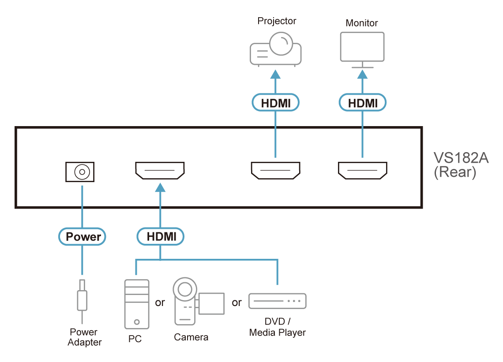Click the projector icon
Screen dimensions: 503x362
(276, 49)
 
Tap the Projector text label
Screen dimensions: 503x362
(277, 21)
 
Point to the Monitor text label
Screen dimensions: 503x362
(361, 23)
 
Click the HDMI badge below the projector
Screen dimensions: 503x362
(276, 103)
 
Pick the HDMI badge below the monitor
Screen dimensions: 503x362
(363, 103)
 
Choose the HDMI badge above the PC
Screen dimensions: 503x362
(161, 237)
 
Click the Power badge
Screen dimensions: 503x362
(82, 237)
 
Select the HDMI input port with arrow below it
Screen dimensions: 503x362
(160, 170)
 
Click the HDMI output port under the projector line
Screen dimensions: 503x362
(276, 170)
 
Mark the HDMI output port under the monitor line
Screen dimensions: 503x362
(363, 170)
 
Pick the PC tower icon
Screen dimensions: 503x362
(137, 304)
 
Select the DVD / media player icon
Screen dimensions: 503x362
(278, 301)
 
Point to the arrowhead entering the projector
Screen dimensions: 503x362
(276, 74)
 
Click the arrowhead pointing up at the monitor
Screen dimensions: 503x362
(363, 74)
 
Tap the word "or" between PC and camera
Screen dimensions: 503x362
(160, 302)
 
